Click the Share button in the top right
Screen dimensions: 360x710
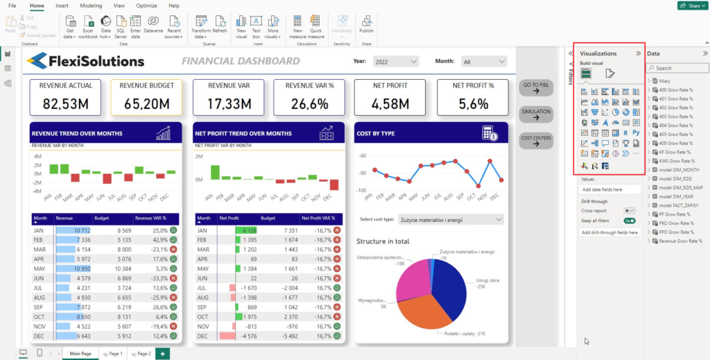[x=691, y=6]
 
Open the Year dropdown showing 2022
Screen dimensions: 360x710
[x=396, y=61]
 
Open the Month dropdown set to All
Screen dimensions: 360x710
[x=484, y=62]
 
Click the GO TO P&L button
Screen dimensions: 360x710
[x=536, y=88]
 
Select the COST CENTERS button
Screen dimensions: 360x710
[x=536, y=141]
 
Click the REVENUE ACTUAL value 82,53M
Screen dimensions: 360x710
[x=66, y=104]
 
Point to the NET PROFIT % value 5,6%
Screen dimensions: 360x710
[x=474, y=104]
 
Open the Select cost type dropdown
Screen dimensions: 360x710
[x=451, y=220]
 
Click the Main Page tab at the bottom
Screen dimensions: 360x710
[x=80, y=354]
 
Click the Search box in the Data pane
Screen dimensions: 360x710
[x=677, y=68]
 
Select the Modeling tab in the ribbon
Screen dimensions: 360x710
[x=91, y=6]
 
